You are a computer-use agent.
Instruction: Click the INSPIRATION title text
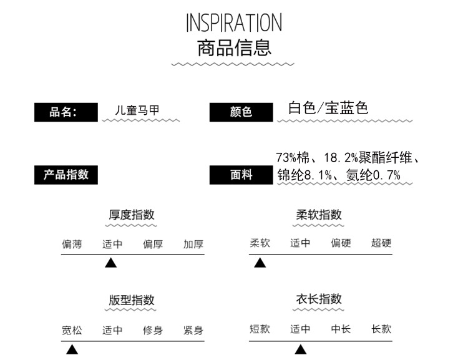coord(234,22)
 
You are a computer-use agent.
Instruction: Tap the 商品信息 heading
coord(234,47)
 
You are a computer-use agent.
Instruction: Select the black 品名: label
coord(65,112)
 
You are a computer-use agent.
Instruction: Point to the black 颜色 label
coord(241,112)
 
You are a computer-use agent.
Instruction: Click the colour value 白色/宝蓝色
coord(328,108)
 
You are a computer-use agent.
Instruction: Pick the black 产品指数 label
coord(66,175)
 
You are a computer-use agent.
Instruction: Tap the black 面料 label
coord(241,175)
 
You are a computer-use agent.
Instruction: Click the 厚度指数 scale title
coord(132,215)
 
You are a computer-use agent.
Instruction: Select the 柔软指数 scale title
coord(319,215)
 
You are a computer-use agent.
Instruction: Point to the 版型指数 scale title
coord(132,300)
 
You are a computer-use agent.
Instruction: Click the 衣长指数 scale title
coord(319,299)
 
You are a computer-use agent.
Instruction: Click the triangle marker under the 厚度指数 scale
coord(111,263)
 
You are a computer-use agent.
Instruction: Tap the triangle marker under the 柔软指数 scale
coord(260,263)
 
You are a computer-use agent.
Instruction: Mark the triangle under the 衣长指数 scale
coord(301,349)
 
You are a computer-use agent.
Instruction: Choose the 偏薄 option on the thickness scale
coord(72,244)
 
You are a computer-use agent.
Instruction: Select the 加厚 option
coord(193,244)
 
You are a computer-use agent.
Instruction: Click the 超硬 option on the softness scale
coord(381,243)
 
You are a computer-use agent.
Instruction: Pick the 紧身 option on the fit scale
coord(193,330)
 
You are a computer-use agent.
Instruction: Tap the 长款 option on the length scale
coord(381,329)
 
